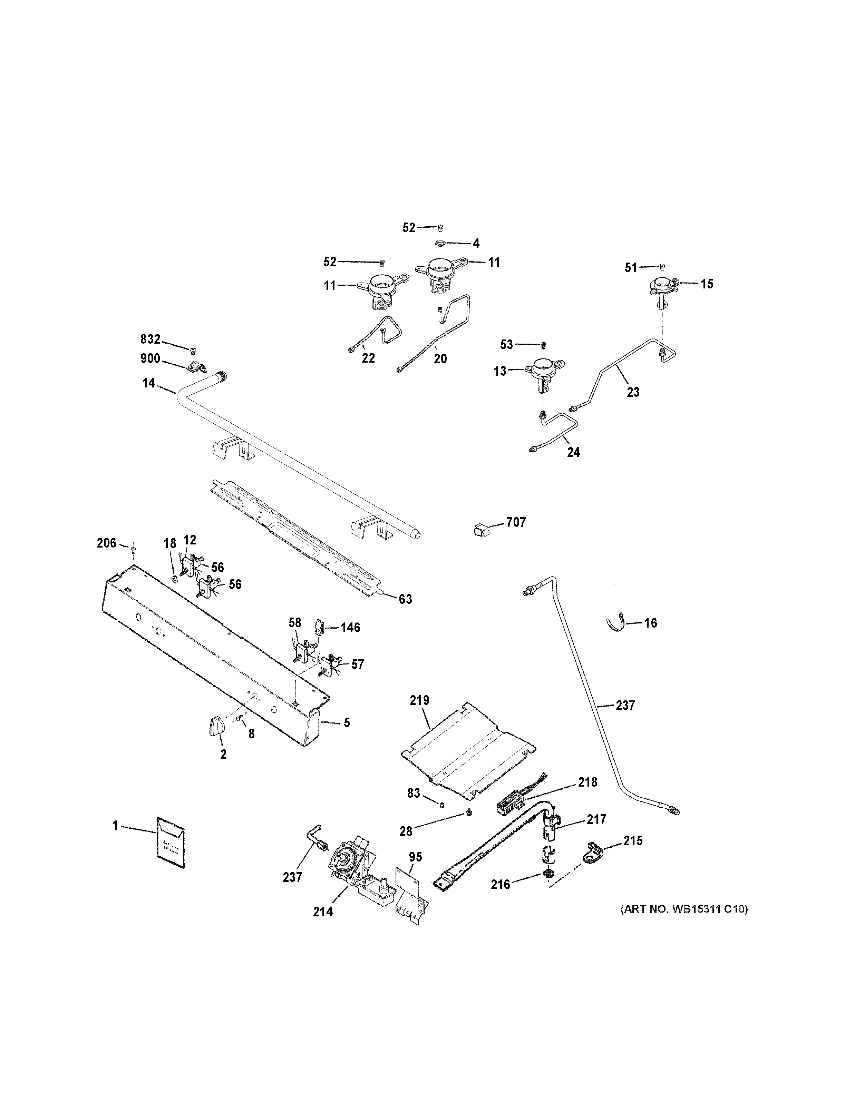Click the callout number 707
click(516, 522)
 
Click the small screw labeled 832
click(193, 349)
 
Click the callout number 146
click(350, 628)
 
